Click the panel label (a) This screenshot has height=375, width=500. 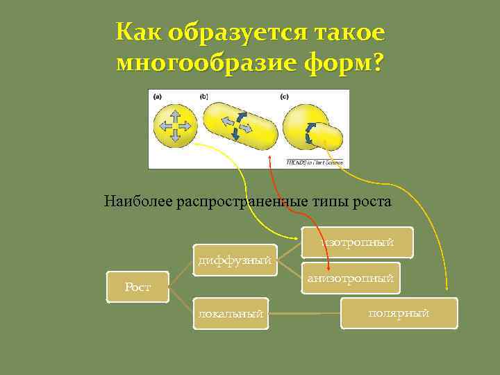point(159,97)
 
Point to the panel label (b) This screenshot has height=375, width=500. point(204,97)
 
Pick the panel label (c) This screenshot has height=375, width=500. point(284,97)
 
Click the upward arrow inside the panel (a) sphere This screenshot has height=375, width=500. point(175,113)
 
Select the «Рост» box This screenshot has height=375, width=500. point(137,287)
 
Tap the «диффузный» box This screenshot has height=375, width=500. point(234,260)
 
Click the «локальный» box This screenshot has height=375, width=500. point(231,314)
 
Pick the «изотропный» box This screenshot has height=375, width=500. point(358,242)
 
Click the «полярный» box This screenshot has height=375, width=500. point(399,313)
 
